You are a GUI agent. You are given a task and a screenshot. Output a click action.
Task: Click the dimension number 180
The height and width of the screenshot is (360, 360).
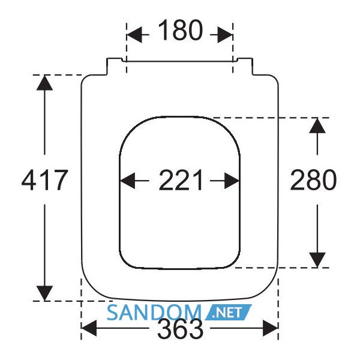(181, 31)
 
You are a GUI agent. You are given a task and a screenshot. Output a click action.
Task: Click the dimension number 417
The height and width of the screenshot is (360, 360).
(45, 180)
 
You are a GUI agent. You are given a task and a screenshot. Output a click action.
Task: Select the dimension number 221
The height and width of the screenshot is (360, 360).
(181, 180)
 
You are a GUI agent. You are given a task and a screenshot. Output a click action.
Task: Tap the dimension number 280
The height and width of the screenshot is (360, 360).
(313, 180)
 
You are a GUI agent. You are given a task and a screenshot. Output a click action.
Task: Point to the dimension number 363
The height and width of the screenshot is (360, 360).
(181, 329)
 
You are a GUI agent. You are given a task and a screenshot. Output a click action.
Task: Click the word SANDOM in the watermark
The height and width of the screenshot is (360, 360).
(154, 313)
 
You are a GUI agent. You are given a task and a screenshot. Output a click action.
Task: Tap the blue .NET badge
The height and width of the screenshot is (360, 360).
(228, 313)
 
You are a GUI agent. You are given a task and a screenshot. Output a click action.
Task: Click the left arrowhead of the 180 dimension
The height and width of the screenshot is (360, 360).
(134, 35)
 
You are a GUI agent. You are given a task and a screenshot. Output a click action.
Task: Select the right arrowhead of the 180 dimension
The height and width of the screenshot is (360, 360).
(225, 35)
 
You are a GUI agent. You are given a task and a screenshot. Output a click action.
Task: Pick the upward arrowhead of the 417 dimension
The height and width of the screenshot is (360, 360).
(44, 83)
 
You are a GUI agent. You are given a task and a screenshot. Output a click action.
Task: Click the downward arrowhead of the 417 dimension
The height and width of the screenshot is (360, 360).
(44, 293)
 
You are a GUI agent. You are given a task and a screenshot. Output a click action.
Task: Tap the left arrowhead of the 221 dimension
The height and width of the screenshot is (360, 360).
(127, 181)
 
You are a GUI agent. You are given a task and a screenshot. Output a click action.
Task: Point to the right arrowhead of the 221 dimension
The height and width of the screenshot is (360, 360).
(232, 181)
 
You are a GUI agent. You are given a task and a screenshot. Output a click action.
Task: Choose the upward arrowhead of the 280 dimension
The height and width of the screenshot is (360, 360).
(317, 125)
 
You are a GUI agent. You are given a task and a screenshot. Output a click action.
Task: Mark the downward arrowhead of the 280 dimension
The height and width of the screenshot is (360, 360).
(317, 260)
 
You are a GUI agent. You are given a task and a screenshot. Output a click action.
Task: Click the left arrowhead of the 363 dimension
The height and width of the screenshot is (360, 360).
(89, 328)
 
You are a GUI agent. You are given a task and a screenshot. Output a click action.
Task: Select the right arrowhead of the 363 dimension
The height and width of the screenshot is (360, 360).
(271, 328)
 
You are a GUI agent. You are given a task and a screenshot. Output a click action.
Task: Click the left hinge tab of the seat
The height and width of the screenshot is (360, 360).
(114, 67)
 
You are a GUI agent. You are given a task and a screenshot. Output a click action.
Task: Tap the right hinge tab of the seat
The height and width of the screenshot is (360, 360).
(245, 67)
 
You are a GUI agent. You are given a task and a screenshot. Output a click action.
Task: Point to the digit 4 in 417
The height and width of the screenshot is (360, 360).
(29, 180)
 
